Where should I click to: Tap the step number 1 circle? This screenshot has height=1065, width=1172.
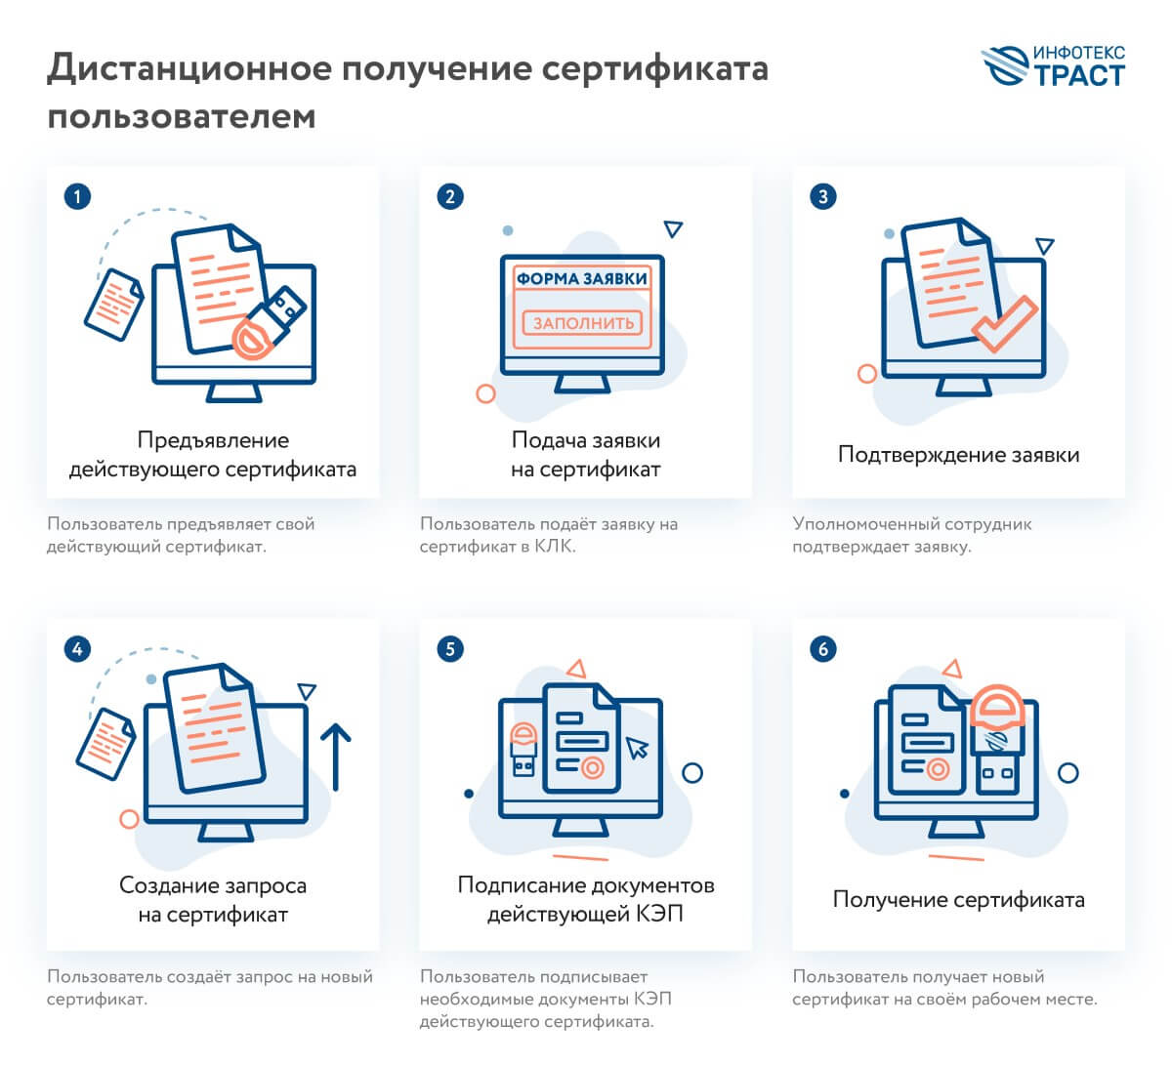tap(77, 196)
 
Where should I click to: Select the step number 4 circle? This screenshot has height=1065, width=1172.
tap(77, 648)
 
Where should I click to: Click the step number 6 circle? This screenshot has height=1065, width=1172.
tap(823, 648)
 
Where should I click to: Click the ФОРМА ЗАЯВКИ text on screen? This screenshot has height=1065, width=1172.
tap(582, 278)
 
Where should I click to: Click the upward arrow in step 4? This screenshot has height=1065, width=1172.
tap(335, 757)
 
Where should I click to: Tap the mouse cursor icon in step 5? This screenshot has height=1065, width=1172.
tap(637, 748)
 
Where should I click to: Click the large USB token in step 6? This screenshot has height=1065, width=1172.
tap(998, 737)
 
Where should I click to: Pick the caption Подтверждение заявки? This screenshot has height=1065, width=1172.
tap(958, 455)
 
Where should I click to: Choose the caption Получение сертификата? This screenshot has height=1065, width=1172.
tap(958, 899)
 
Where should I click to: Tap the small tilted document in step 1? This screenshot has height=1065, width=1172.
tap(113, 304)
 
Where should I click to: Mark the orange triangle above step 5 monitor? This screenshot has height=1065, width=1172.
tap(576, 669)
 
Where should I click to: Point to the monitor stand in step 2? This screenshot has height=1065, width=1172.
tap(582, 385)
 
